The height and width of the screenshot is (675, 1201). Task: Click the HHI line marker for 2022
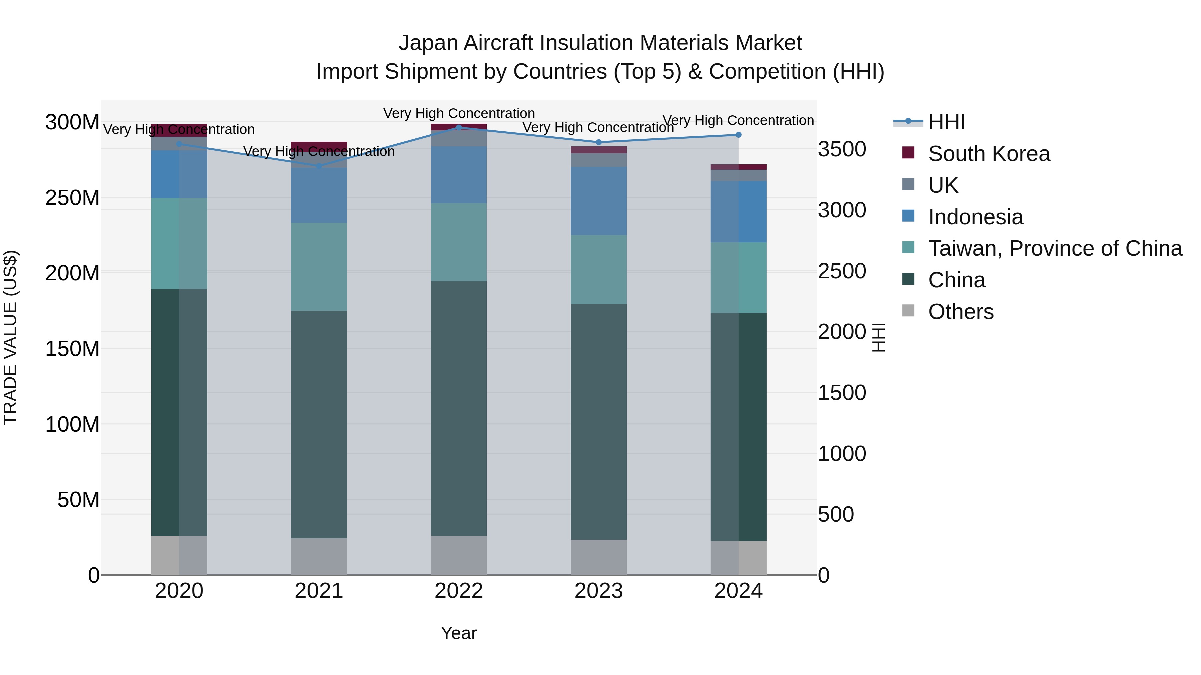point(459,127)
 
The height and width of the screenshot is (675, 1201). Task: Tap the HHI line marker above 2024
point(739,135)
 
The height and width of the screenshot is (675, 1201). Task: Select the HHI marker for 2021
point(319,166)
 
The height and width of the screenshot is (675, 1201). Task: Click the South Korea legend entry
point(988,154)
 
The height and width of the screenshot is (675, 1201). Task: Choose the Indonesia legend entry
point(975,217)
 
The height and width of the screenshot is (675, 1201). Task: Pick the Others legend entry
point(960,312)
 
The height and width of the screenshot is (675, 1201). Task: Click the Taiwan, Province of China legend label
point(1055,248)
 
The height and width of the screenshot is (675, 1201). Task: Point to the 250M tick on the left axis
point(72,198)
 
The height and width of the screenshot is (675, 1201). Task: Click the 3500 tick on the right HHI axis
point(842,150)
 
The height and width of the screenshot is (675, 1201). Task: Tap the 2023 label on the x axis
point(598,591)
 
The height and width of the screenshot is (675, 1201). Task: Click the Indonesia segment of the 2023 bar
point(598,201)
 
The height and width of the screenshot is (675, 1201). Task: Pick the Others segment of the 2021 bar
point(319,556)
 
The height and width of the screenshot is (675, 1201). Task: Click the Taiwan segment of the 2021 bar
point(319,266)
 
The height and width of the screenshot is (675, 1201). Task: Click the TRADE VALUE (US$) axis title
point(10,337)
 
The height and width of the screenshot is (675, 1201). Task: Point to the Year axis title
point(459,633)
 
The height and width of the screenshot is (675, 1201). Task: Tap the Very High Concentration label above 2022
point(459,113)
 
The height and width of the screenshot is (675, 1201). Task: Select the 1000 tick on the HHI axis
point(842,454)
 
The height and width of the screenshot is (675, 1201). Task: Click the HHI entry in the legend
point(946,122)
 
